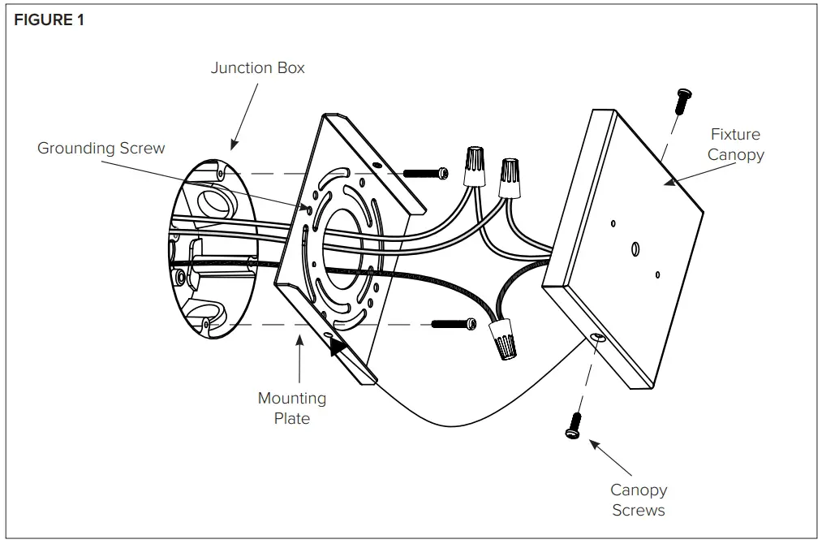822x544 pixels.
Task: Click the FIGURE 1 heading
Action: coord(49,21)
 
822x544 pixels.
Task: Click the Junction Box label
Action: coord(257,68)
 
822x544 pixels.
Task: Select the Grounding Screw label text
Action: coord(101,148)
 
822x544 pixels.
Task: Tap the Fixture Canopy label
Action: coord(735,144)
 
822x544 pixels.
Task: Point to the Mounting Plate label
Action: coord(292,408)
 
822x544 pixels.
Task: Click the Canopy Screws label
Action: coord(639,500)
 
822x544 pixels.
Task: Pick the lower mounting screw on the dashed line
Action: coord(453,324)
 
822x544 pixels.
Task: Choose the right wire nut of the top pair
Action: coord(509,176)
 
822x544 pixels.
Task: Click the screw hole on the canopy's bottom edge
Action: coord(598,337)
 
